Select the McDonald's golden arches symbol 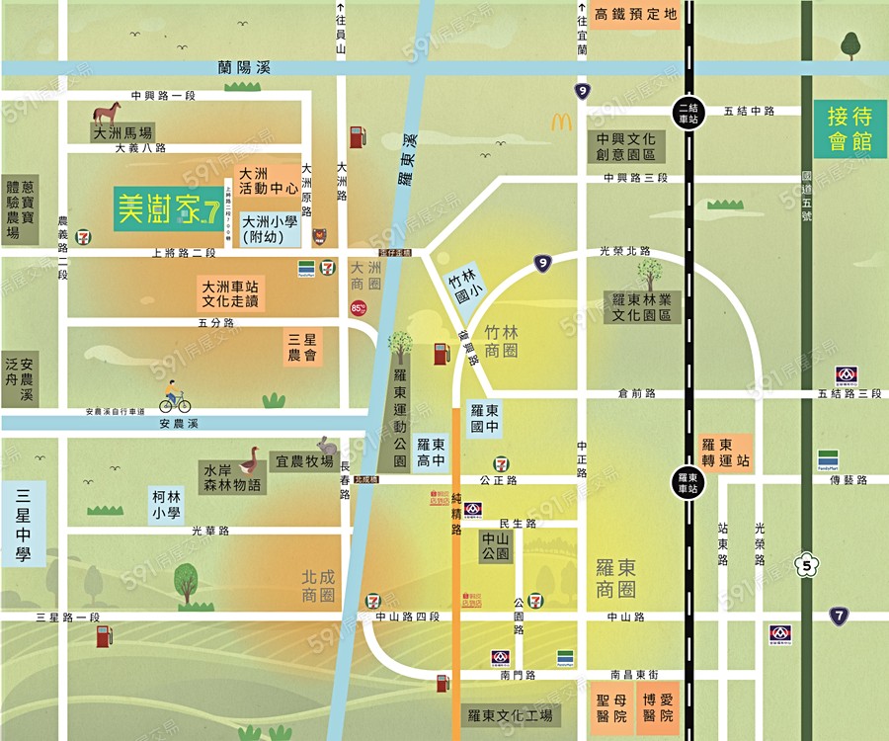tap(562, 123)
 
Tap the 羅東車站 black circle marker tap(687, 479)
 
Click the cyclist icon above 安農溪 tap(175, 397)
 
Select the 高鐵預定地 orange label tap(637, 14)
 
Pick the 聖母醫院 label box tap(612, 707)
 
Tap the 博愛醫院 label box tap(658, 707)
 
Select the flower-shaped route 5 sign tap(807, 566)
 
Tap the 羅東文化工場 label tap(510, 715)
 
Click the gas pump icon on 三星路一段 tap(104, 635)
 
